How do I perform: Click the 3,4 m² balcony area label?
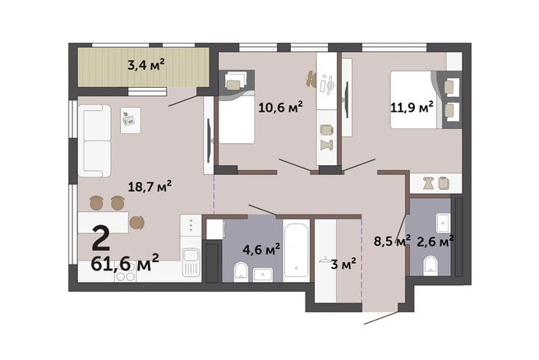click(x=145, y=64)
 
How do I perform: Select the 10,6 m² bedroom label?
click(x=280, y=107)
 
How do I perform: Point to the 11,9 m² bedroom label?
click(x=412, y=107)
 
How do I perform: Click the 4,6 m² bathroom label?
click(x=261, y=249)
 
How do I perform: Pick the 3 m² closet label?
click(x=343, y=264)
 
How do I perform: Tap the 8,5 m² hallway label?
click(x=392, y=241)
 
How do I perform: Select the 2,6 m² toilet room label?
click(x=435, y=241)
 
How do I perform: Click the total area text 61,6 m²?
click(x=125, y=263)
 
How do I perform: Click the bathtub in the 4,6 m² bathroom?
click(x=297, y=251)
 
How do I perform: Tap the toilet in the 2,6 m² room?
click(x=431, y=265)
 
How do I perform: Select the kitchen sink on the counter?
click(x=191, y=262)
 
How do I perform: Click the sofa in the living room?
click(x=94, y=141)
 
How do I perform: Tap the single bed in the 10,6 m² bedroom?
click(x=237, y=113)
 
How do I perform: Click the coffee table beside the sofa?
click(x=131, y=120)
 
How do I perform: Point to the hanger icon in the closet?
click(x=325, y=260)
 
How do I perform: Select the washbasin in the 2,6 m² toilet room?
click(x=443, y=223)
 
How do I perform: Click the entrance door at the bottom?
click(x=381, y=318)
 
